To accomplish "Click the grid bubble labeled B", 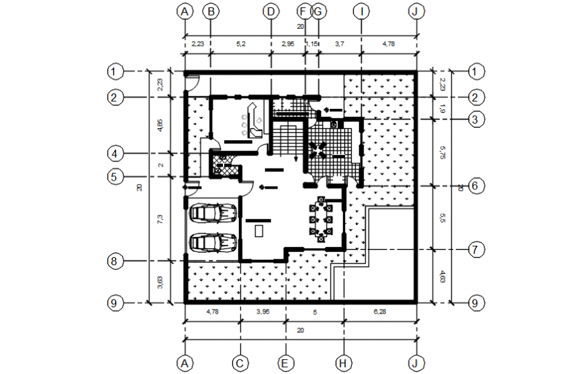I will (x=210, y=11).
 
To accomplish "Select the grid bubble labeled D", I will (x=271, y=11).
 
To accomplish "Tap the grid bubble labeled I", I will (x=362, y=11).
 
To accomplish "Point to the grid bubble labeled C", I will (x=240, y=363).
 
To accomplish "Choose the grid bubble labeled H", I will (x=343, y=363).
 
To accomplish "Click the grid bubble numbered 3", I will (x=475, y=120).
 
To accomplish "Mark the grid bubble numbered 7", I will (x=475, y=250).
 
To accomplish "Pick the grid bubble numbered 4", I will (x=115, y=154).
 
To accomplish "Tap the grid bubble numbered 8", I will (x=115, y=260).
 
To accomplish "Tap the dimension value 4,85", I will (x=159, y=125).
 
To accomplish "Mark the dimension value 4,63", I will (x=442, y=276).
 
